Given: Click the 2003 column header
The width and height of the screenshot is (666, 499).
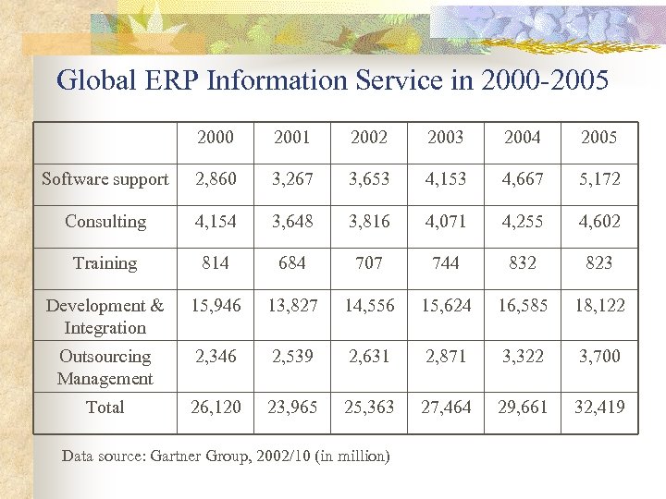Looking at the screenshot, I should point(446,138).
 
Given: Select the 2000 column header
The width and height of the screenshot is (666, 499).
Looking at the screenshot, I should point(216,138).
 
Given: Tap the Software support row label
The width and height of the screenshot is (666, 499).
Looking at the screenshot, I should point(105,179).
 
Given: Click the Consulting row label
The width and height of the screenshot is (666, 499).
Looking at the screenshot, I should point(105,222).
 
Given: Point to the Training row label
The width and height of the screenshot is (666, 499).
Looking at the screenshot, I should point(105,263).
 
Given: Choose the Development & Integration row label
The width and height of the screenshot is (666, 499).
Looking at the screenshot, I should point(105,316).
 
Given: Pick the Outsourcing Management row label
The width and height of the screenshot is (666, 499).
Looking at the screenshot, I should point(105,367).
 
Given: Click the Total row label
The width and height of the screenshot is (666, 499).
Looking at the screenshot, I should point(105,408).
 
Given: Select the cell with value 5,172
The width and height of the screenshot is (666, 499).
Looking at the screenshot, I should point(598,179).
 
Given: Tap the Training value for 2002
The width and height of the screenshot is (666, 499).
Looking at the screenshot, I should point(369,263).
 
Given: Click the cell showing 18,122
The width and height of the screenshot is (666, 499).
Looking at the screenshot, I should point(598,306).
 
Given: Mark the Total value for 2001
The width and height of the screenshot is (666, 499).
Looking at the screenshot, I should point(292,408).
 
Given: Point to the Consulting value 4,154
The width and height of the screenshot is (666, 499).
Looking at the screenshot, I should point(216,222).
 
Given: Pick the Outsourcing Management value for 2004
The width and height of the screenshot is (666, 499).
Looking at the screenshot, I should point(523,357).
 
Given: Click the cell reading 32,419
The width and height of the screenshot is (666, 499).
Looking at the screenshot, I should point(598,408).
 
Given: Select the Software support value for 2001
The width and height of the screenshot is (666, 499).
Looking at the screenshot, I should point(292,179).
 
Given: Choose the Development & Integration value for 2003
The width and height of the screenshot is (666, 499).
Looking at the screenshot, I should point(446,306).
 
